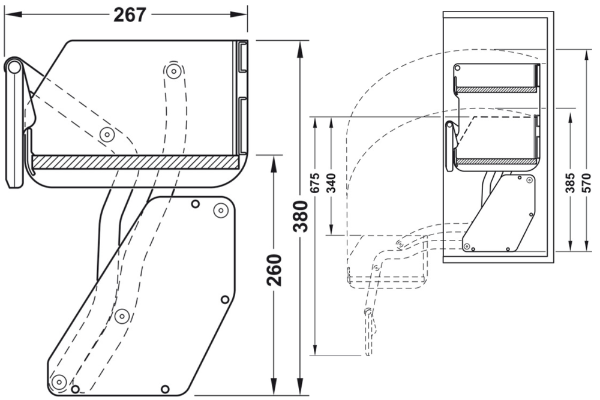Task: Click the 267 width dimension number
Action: click(x=130, y=14)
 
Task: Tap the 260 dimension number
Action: click(x=274, y=270)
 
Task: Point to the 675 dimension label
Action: click(x=314, y=183)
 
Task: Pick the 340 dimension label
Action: click(x=331, y=183)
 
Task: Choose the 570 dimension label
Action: click(x=587, y=183)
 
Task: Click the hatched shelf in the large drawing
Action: click(x=135, y=162)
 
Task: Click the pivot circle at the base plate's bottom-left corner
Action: click(x=58, y=381)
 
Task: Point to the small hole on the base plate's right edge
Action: click(x=225, y=299)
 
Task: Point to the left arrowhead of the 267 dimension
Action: click(x=9, y=15)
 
